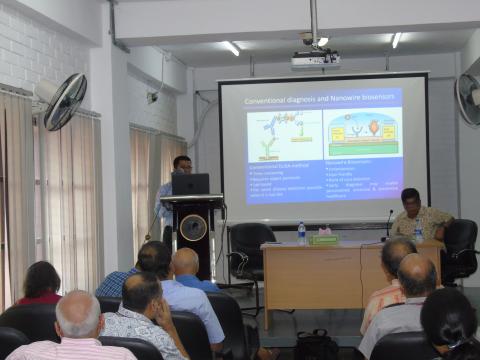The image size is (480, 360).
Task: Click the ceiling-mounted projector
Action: click(x=315, y=59)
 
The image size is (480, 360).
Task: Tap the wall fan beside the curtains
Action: click(x=62, y=100)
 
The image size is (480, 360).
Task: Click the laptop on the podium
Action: click(x=190, y=184)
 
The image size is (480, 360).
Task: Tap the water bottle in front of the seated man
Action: click(x=418, y=231)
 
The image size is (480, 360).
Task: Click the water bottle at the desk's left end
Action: click(x=301, y=232)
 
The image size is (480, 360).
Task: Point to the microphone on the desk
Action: click(x=388, y=226)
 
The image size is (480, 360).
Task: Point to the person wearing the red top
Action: click(x=41, y=284)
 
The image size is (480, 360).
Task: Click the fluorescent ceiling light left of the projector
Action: click(x=231, y=48)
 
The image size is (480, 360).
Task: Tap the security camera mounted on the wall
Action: click(x=152, y=97)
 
